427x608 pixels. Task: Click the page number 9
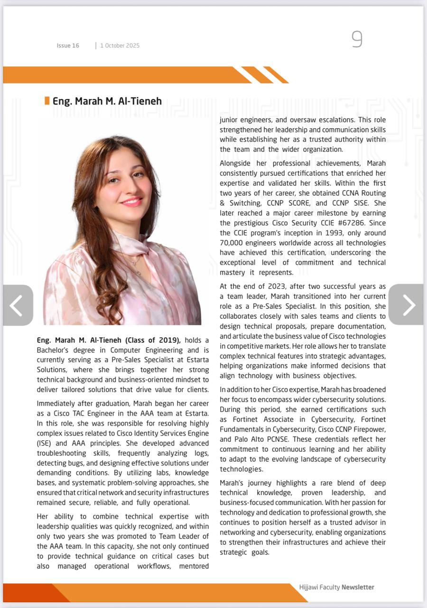tap(357, 39)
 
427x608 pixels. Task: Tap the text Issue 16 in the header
tap(68, 46)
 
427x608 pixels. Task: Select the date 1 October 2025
tap(120, 46)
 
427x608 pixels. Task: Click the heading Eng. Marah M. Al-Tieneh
tap(107, 101)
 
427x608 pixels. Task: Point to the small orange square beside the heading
tap(47, 101)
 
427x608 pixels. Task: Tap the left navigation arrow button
tap(18, 305)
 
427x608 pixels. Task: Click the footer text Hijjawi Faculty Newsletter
tap(336, 587)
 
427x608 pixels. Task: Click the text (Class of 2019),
tap(153, 340)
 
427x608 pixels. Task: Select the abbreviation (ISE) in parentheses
tap(45, 443)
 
